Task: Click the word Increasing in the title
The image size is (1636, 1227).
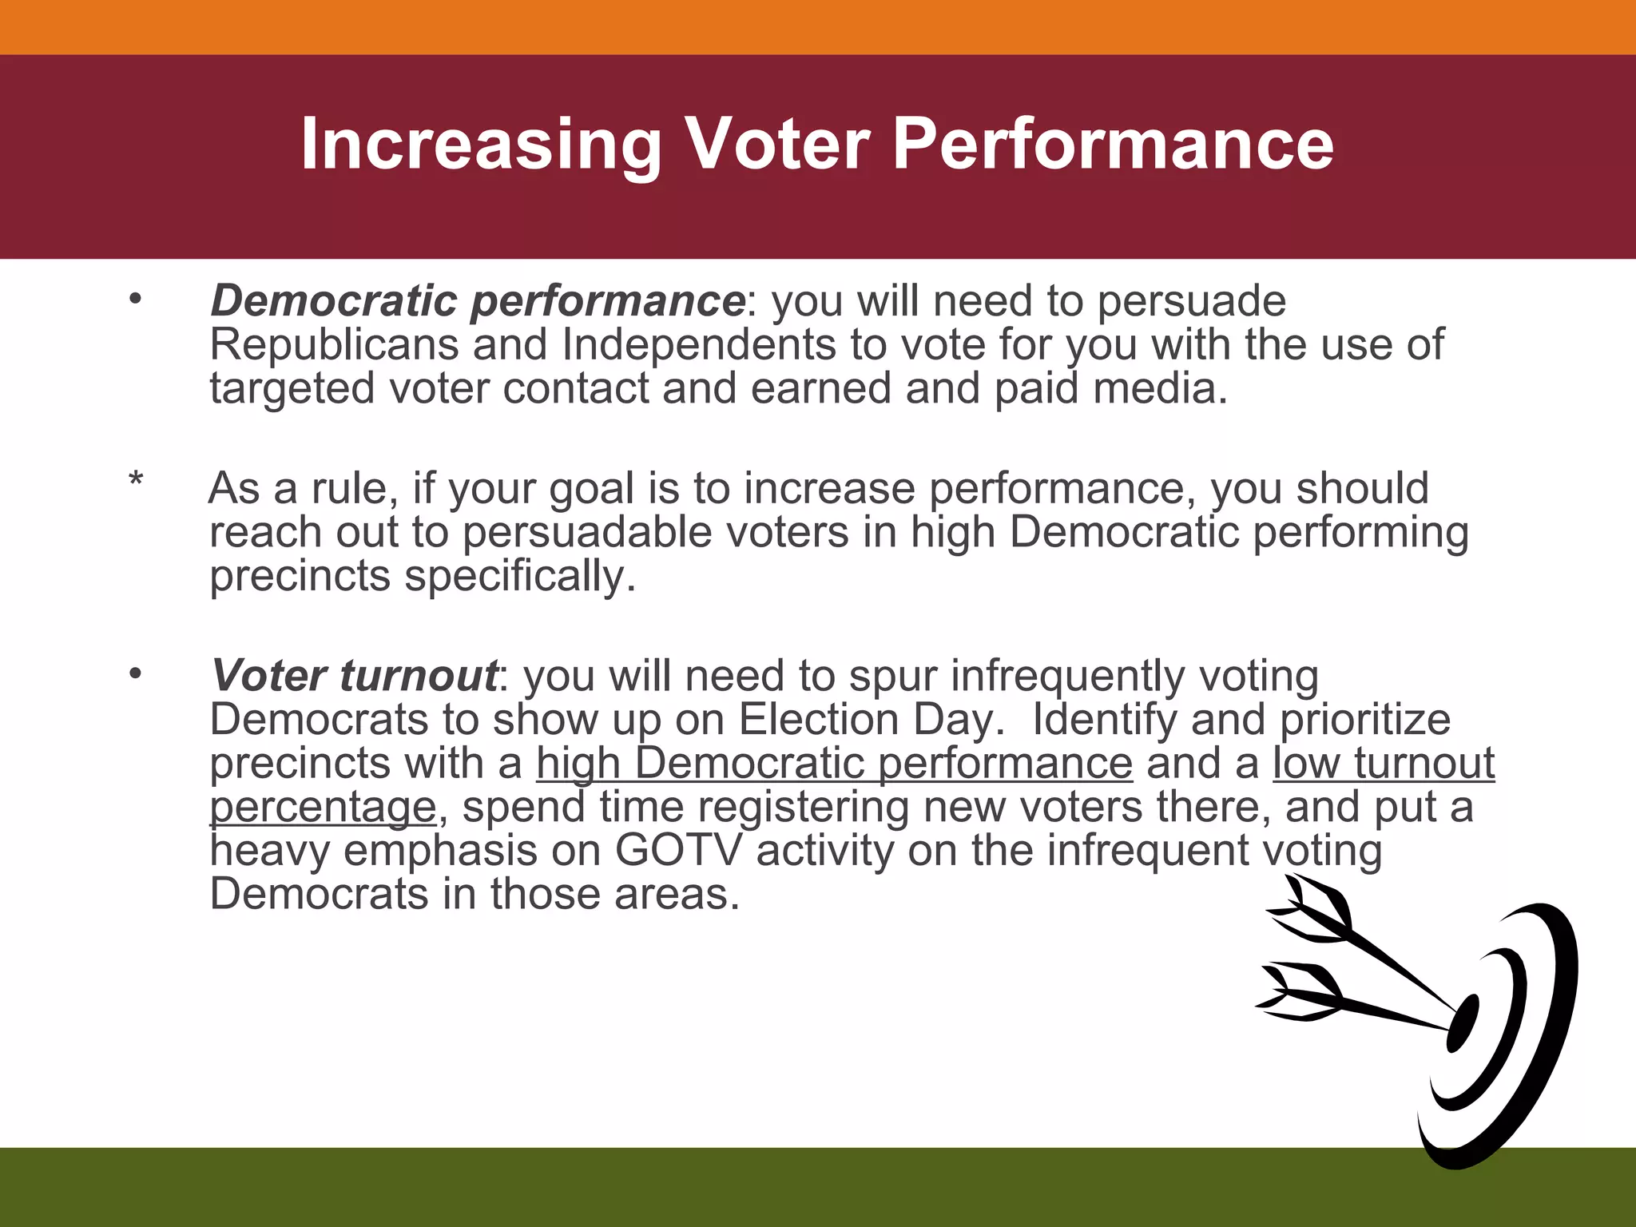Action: (x=480, y=145)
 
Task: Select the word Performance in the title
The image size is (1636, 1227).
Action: (x=1112, y=145)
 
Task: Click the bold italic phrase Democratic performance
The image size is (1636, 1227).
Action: (x=477, y=302)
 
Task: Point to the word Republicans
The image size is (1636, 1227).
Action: (x=334, y=345)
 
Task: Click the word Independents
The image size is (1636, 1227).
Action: (x=698, y=345)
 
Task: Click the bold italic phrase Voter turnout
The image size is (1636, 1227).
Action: (x=354, y=676)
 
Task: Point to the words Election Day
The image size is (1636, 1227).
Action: (x=871, y=720)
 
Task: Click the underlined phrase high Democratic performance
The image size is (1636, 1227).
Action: (x=834, y=763)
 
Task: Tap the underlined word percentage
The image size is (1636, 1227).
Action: (x=323, y=807)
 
